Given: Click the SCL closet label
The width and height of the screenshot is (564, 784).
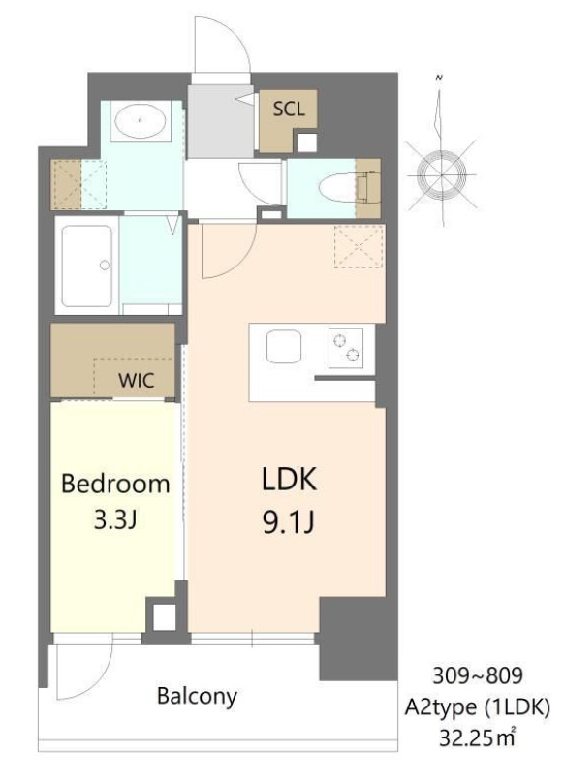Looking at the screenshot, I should [288, 109].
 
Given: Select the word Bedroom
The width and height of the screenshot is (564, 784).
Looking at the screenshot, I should [115, 484].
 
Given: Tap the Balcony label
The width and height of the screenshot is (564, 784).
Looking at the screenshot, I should [197, 696].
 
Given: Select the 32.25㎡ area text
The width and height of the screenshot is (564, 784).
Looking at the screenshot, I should [475, 737].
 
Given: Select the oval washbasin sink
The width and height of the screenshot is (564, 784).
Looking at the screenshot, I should [142, 122].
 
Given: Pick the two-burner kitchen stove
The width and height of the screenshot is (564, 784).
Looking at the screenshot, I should [347, 347].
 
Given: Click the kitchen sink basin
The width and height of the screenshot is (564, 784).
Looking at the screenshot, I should [284, 347].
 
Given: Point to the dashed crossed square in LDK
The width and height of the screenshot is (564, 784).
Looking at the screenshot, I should [360, 246].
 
